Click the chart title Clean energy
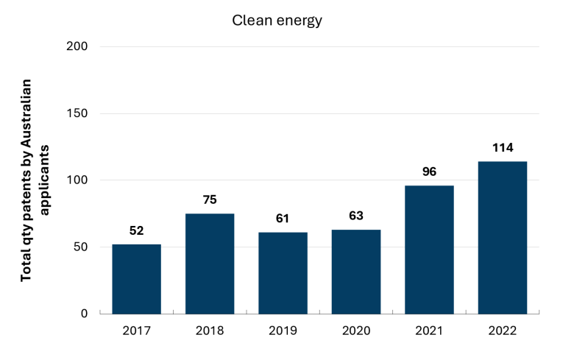(277, 21)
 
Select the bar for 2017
(137, 279)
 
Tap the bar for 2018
(210, 264)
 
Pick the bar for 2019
(283, 273)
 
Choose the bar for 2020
(356, 272)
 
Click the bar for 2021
(430, 250)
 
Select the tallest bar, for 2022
(503, 238)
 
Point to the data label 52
(137, 230)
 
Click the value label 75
(210, 200)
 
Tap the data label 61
(283, 218)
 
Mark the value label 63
(356, 216)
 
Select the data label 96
(430, 172)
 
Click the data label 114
(503, 147)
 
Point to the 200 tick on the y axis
(77, 46)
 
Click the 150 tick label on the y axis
(77, 113)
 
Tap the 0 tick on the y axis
(84, 314)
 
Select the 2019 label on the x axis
(283, 331)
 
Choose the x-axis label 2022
(503, 331)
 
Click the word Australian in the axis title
(26, 109)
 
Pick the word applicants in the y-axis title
(44, 180)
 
